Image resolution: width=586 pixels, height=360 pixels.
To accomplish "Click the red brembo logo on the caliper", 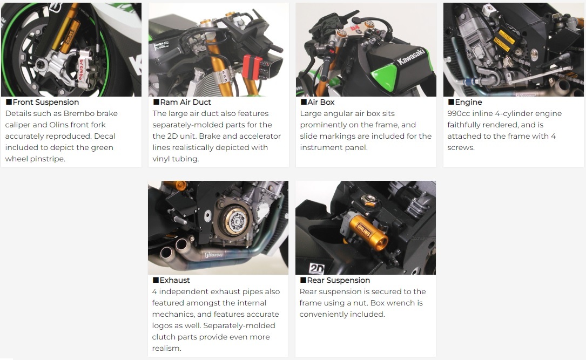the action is click(80, 70).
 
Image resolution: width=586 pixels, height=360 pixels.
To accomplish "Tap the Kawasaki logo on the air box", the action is click(411, 57).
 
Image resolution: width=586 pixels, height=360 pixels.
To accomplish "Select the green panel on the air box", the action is click(385, 78).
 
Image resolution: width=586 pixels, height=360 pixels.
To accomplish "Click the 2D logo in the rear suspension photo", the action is click(316, 268).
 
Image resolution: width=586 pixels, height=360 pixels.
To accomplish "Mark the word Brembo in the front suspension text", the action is click(77, 113).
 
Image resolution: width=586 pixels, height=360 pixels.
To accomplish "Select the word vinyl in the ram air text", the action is click(161, 159).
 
